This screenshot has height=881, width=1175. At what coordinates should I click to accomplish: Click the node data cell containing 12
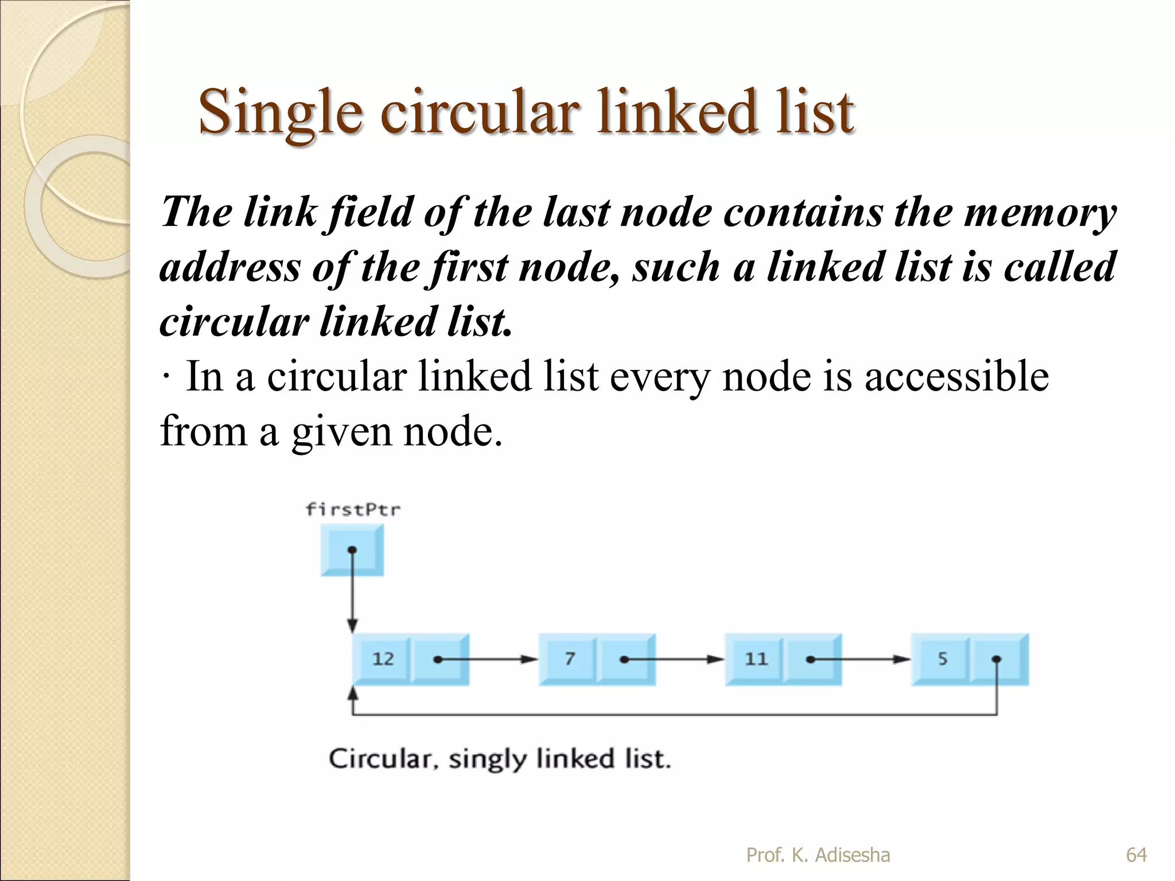click(382, 658)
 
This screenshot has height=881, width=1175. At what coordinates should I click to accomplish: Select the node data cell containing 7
click(569, 658)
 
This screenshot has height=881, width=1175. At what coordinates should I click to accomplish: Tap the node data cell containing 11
click(755, 658)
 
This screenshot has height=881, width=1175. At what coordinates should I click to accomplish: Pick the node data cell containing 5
click(941, 658)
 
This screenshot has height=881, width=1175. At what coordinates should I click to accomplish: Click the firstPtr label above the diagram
click(353, 509)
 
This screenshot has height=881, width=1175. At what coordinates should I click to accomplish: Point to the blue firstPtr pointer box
click(352, 550)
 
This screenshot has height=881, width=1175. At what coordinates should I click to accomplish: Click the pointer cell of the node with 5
click(998, 658)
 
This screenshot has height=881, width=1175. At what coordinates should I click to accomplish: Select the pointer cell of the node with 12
click(439, 658)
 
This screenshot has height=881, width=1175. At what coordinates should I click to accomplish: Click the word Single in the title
click(280, 112)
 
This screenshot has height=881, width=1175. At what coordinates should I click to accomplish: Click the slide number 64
click(1136, 855)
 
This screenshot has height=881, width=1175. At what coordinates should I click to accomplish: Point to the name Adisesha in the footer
click(853, 855)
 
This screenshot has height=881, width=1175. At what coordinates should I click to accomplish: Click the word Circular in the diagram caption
click(380, 759)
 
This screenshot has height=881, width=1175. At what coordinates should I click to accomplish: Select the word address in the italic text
click(229, 268)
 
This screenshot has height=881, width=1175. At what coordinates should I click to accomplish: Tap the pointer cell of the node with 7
click(626, 658)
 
